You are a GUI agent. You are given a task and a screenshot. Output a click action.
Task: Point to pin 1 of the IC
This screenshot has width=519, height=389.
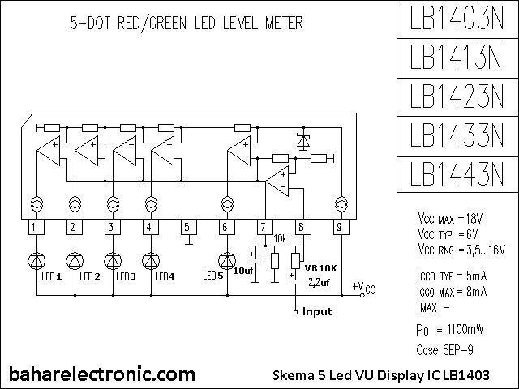click(x=34, y=227)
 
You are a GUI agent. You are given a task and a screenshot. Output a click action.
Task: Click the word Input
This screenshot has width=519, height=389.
click(x=318, y=310)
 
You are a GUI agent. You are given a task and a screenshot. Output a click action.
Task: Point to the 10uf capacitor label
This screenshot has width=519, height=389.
click(x=243, y=270)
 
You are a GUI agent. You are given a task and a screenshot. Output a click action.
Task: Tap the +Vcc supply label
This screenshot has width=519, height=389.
click(x=364, y=288)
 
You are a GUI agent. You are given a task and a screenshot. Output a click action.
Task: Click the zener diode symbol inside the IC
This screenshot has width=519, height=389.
click(x=303, y=140)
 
